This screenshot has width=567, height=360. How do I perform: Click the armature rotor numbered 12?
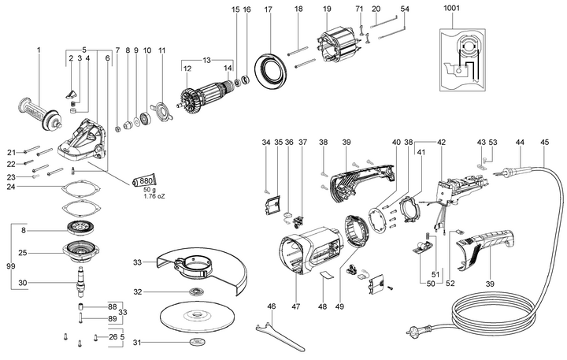[208, 101]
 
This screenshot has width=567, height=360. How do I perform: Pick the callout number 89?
[112, 317]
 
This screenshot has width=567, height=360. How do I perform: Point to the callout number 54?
[405, 9]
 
